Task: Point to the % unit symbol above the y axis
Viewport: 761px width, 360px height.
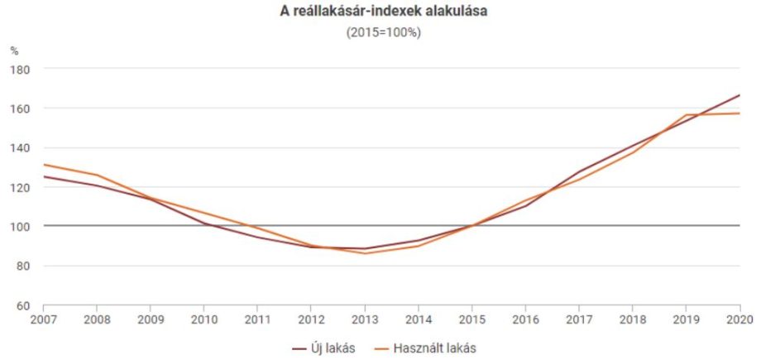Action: [x=14, y=50]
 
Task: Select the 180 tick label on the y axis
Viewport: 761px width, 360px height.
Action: [x=21, y=70]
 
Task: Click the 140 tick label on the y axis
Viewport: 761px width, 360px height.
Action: [x=21, y=148]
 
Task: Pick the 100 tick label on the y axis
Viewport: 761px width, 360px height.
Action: [x=21, y=227]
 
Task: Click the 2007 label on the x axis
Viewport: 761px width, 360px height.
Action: [x=43, y=319]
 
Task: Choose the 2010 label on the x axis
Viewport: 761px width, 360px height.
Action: [x=203, y=319]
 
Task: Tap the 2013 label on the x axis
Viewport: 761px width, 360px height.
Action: [x=364, y=319]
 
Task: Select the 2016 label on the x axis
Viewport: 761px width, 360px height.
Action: [x=525, y=319]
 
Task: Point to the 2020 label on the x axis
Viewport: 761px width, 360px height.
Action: [x=739, y=319]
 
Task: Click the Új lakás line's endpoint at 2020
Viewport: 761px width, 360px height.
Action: [x=739, y=95]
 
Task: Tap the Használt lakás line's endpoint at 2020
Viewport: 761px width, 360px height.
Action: [x=739, y=113]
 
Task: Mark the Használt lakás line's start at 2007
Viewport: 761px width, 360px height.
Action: [x=43, y=164]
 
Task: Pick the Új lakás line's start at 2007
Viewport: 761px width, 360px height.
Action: [x=43, y=176]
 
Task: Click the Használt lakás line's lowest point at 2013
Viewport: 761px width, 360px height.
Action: [x=364, y=253]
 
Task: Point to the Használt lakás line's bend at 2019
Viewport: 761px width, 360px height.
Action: [x=686, y=115]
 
